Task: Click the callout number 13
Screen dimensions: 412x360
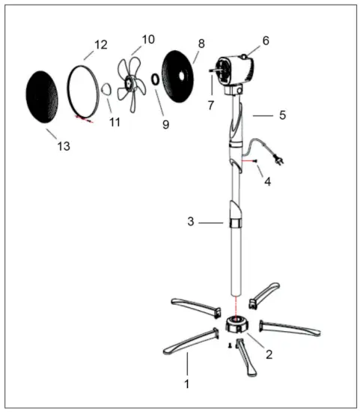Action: [x=64, y=146]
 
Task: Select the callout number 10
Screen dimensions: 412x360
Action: [x=147, y=38]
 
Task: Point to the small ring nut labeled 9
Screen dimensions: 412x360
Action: [x=155, y=78]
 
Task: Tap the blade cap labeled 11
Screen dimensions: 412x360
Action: [x=107, y=90]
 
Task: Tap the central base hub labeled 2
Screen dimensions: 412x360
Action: [x=238, y=327]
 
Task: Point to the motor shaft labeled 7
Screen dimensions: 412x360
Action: [x=213, y=72]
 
